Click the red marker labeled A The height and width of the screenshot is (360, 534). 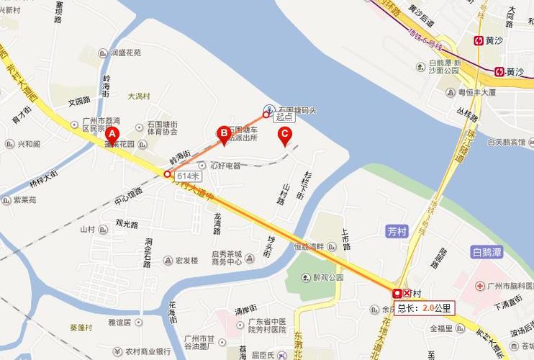[111, 134]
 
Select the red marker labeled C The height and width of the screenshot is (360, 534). [285, 134]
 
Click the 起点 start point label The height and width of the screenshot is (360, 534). [284, 115]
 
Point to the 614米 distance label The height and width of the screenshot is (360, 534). [189, 176]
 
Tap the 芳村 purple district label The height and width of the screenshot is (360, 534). [397, 232]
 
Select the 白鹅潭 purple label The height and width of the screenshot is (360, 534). [487, 252]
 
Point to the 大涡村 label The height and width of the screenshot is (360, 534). [138, 96]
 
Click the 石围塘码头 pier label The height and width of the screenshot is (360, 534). [297, 110]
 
